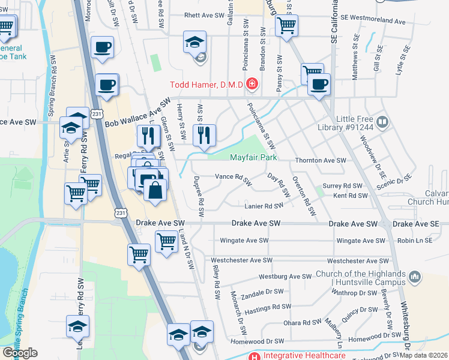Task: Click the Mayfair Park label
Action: click(x=254, y=158)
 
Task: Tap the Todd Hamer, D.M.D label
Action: click(x=206, y=85)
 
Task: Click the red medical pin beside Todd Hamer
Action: click(x=251, y=85)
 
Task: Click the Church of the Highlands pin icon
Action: click(x=414, y=276)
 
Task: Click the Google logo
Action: click(x=19, y=353)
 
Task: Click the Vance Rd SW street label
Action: click(x=233, y=178)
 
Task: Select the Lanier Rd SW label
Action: click(x=264, y=206)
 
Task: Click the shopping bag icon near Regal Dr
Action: click(x=155, y=190)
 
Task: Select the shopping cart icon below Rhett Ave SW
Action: click(x=287, y=26)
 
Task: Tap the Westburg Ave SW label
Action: click(x=283, y=277)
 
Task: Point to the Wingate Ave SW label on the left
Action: click(x=244, y=241)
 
